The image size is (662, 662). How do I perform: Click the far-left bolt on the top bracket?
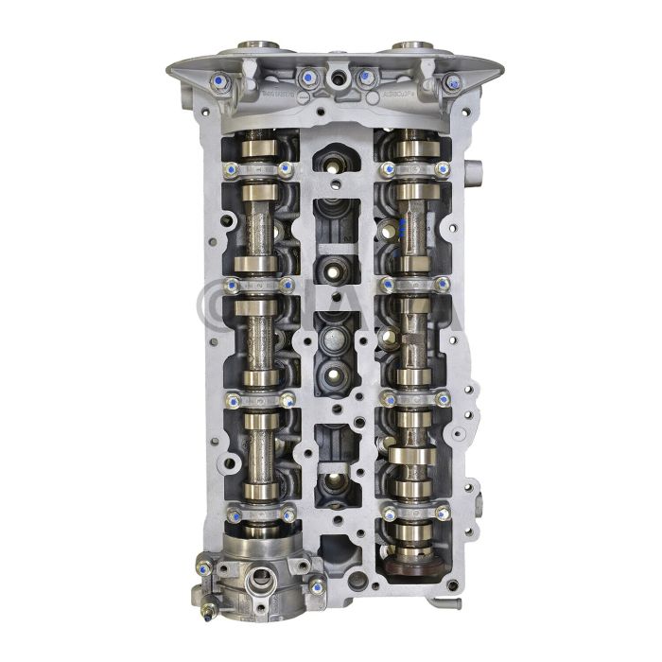(x=220, y=83)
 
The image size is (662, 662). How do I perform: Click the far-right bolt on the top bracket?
(x=452, y=83)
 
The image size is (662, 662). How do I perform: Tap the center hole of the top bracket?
(x=338, y=75)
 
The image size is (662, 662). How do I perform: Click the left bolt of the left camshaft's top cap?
(x=231, y=170)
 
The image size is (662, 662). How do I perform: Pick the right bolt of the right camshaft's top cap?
(x=443, y=170)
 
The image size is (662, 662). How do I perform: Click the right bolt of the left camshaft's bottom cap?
(x=286, y=514)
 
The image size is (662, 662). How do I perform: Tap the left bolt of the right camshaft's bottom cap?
(x=388, y=514)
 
